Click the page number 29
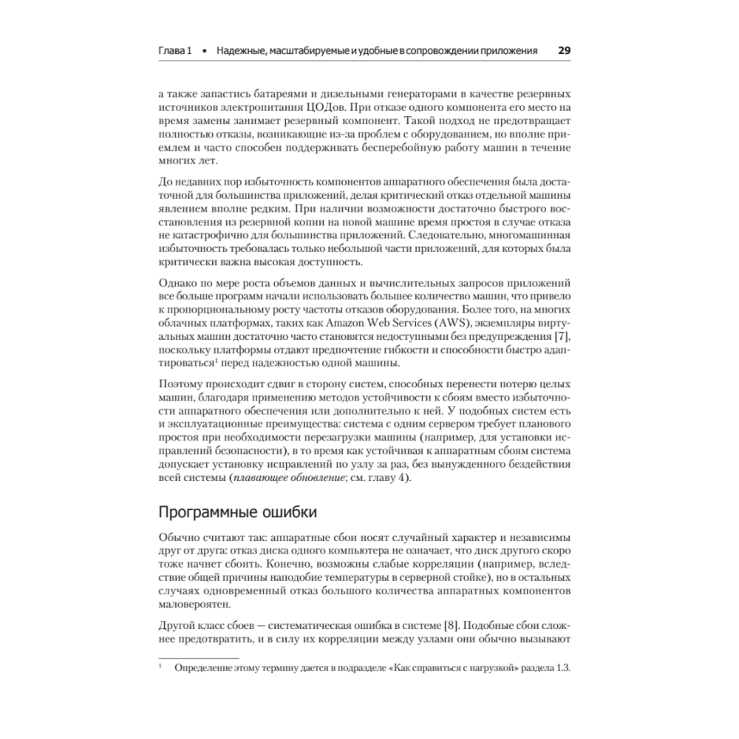click(x=563, y=52)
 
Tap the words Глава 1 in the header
click(x=176, y=52)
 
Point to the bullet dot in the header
click(x=204, y=52)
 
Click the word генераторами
click(x=389, y=95)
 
